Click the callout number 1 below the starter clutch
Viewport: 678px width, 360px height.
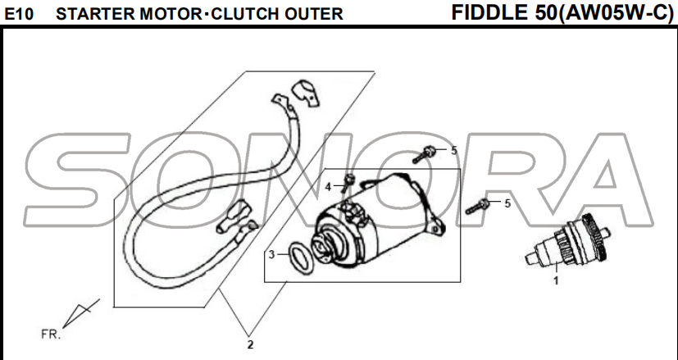[556, 280]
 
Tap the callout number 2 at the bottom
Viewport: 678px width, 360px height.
[250, 345]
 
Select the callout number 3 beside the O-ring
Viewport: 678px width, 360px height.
[271, 254]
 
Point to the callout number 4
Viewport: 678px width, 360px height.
[328, 187]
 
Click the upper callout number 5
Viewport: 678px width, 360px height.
[454, 151]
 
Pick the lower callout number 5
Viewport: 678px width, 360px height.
[507, 203]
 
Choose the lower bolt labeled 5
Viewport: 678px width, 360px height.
[477, 207]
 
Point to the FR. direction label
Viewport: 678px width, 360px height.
[51, 335]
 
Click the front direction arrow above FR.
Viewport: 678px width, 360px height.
[80, 313]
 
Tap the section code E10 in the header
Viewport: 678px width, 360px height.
[19, 15]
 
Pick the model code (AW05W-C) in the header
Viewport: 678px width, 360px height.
[613, 13]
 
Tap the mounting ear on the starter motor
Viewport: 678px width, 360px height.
[438, 223]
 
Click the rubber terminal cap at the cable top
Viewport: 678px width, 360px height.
[305, 93]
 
